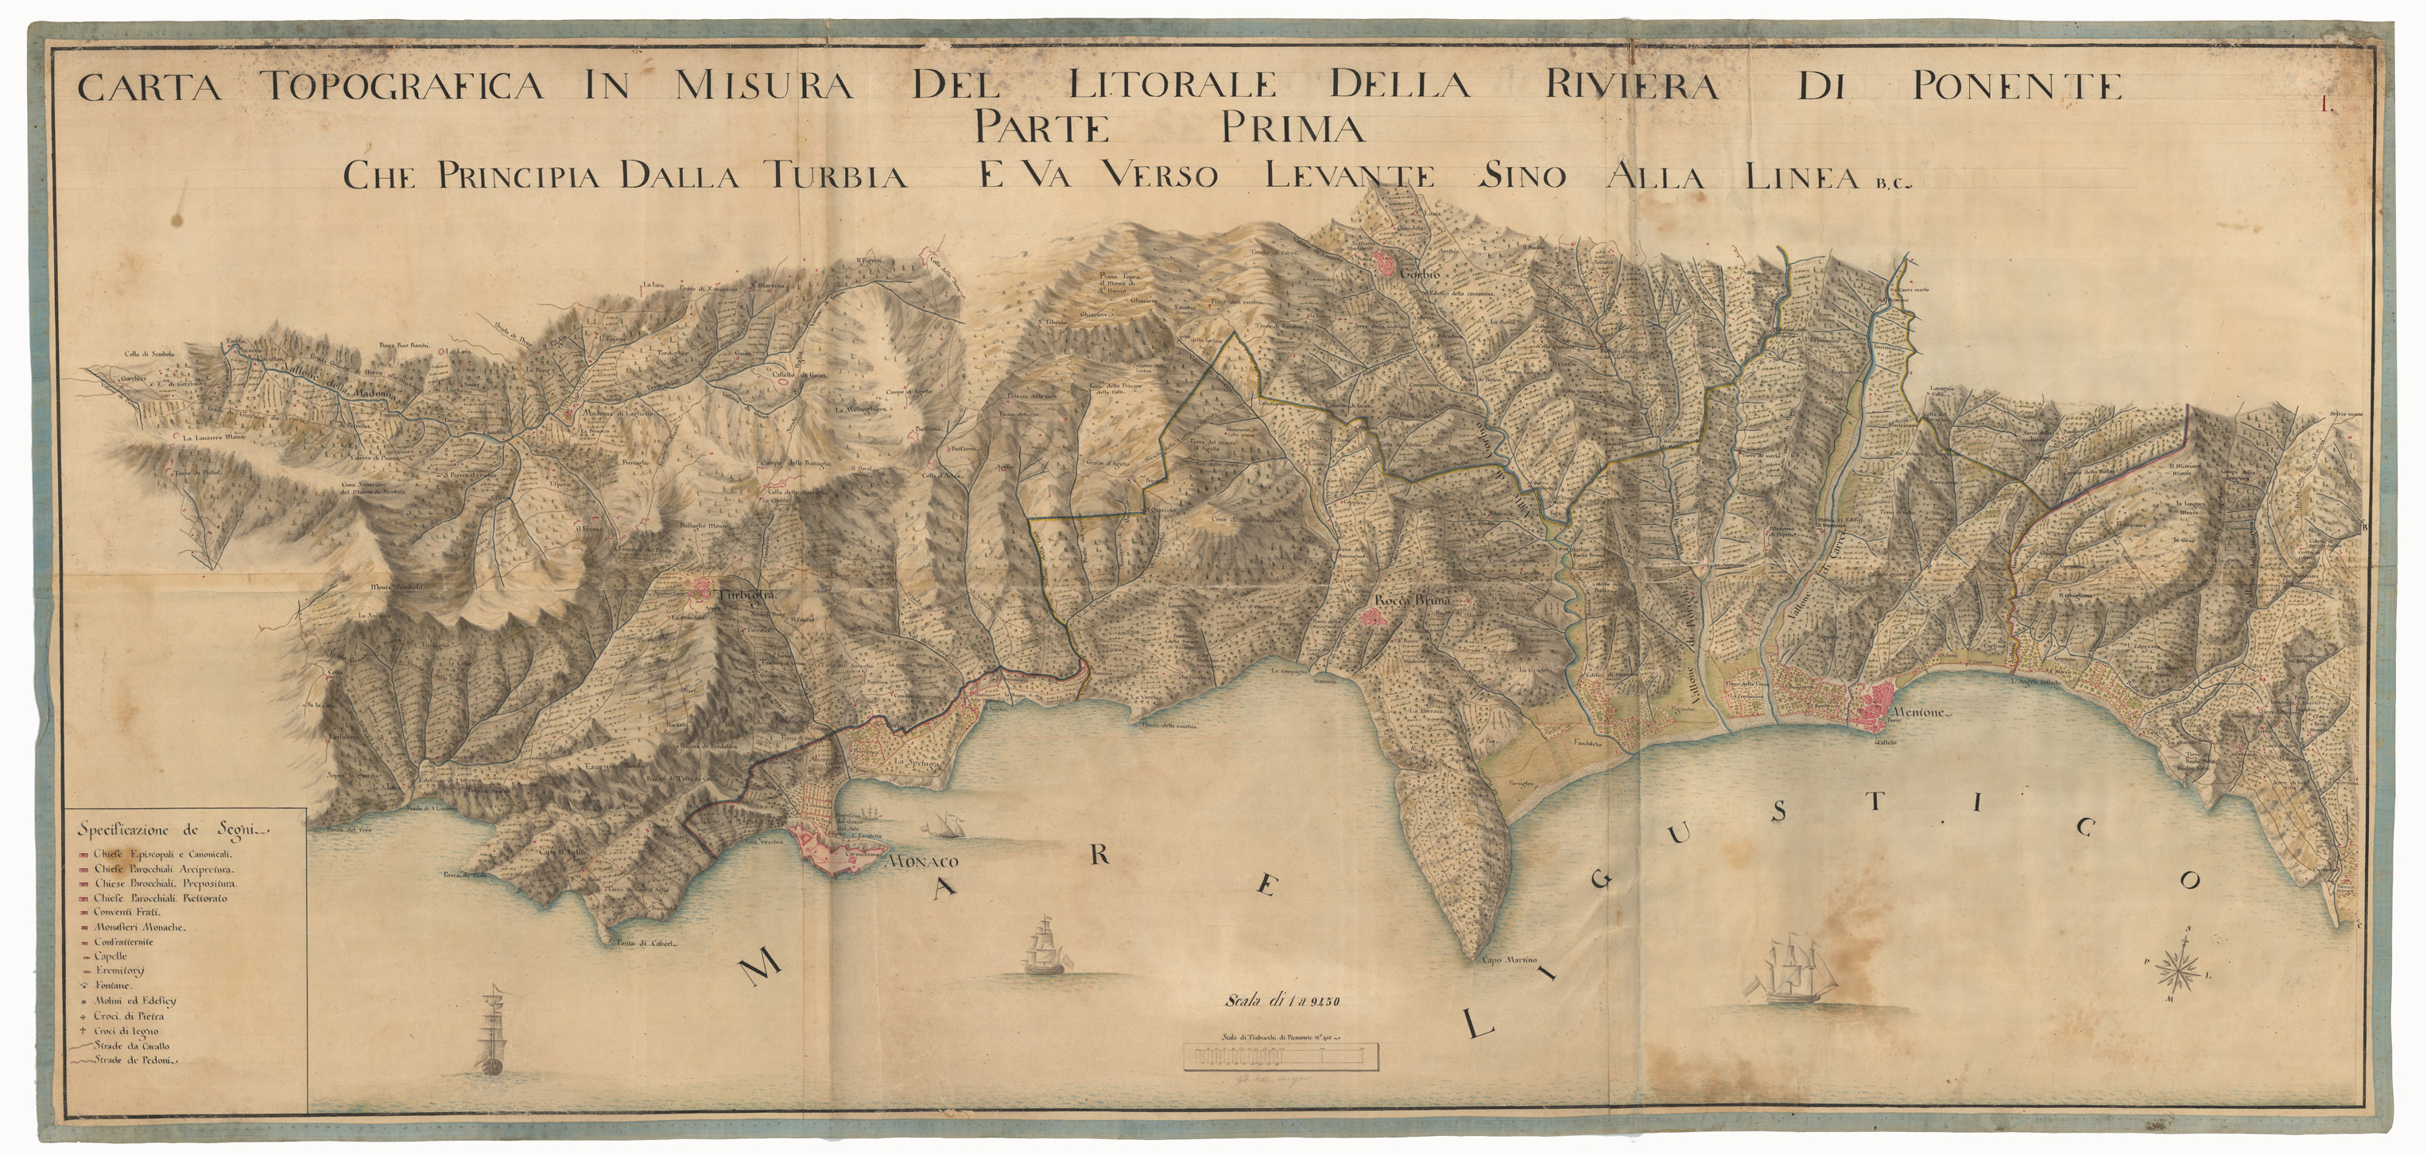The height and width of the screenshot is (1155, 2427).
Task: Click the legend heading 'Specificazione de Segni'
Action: [174, 830]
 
